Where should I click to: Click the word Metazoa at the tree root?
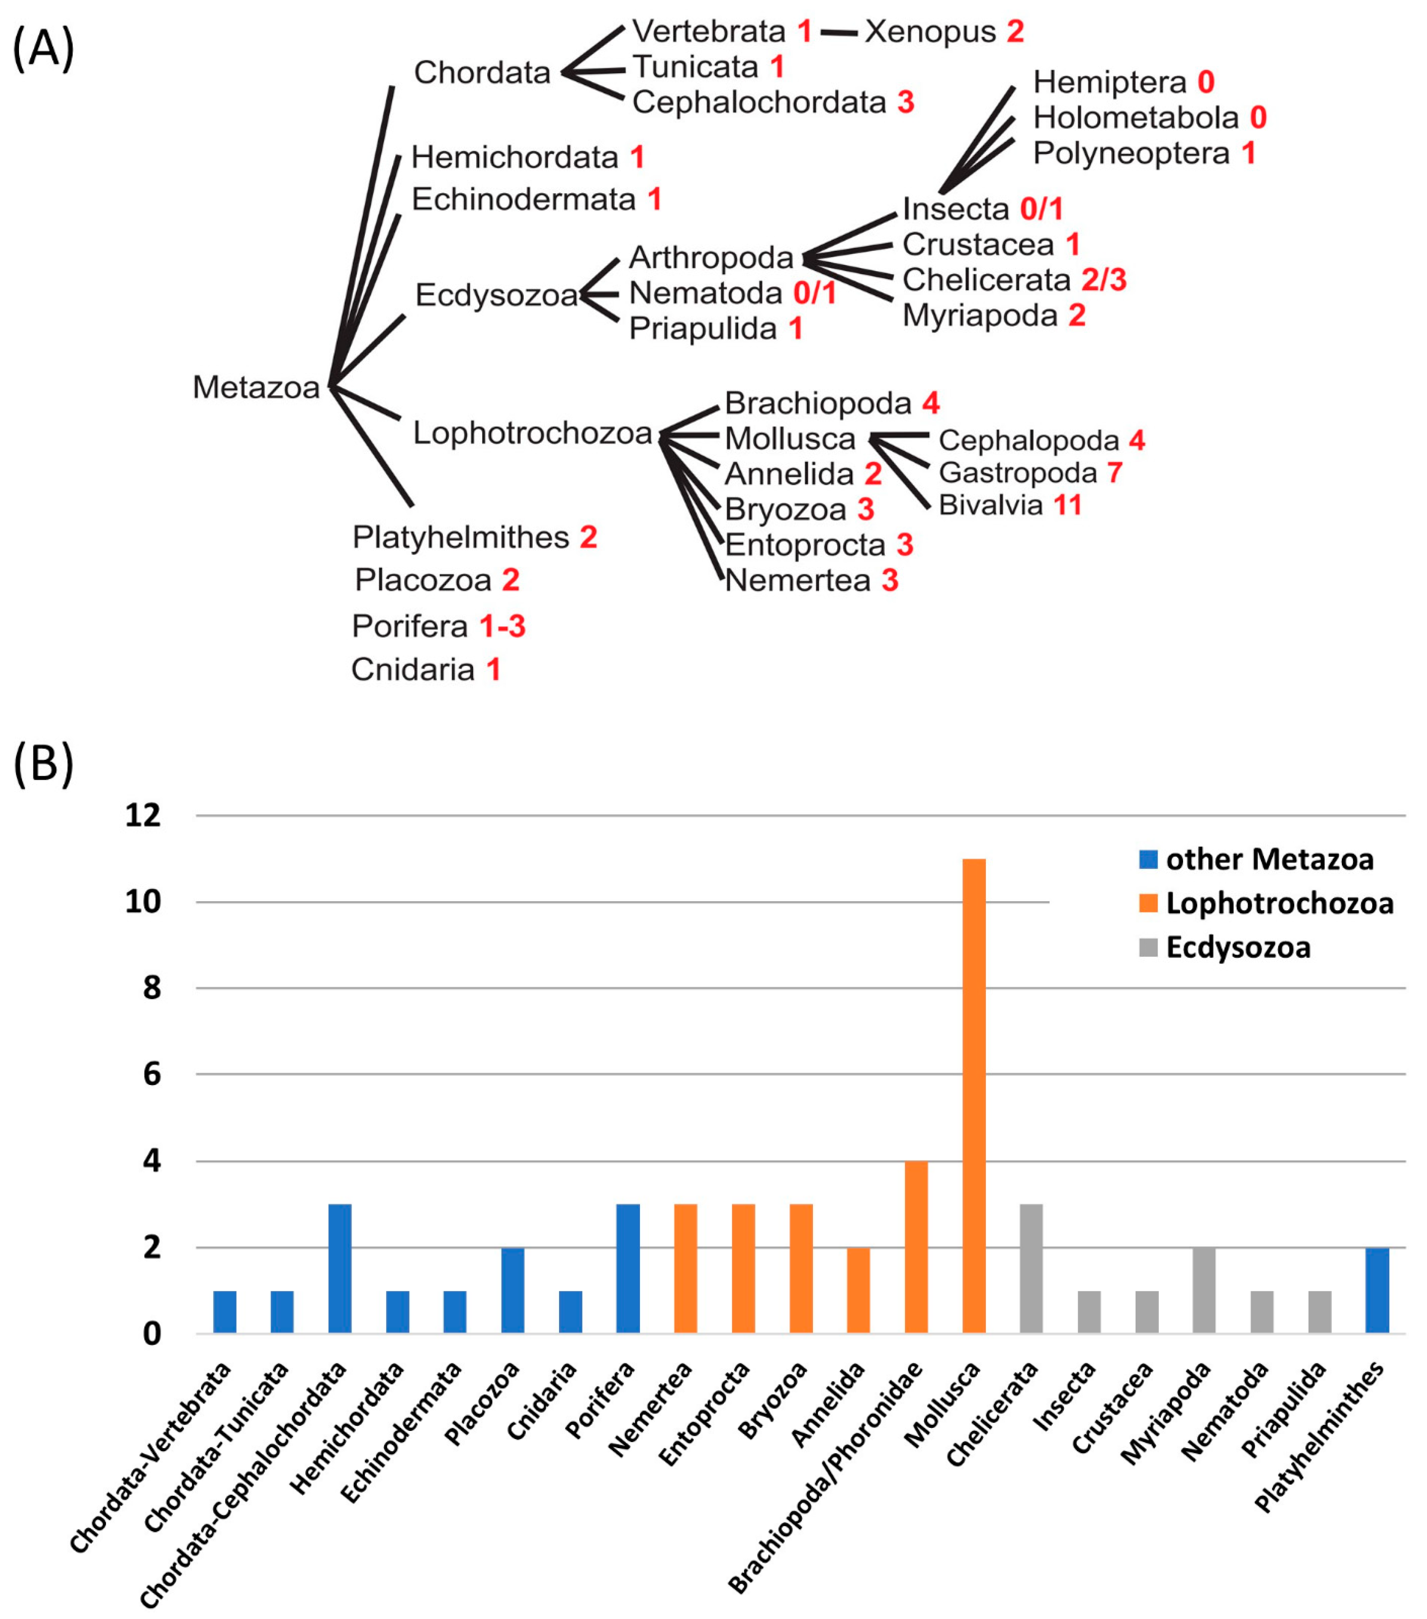point(256,387)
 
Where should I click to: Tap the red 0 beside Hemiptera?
point(1205,82)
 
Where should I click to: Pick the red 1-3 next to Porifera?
point(502,626)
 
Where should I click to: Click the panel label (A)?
point(44,49)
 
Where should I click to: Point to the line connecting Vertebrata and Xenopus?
point(838,32)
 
